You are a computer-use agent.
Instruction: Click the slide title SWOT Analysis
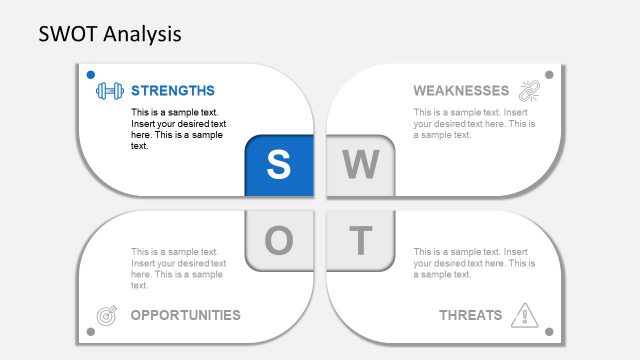click(110, 34)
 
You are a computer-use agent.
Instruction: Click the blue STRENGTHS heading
click(172, 90)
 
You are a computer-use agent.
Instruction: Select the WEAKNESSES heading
click(461, 90)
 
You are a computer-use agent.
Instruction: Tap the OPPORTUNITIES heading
click(186, 315)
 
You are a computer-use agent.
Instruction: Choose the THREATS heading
click(470, 315)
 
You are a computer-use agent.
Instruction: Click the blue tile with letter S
click(279, 165)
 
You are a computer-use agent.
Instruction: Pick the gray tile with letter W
click(360, 165)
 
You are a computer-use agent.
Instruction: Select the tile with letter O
click(279, 240)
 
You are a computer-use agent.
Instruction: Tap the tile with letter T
click(360, 240)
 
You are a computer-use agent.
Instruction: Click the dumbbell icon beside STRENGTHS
click(109, 91)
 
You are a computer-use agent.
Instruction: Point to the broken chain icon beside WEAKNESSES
click(527, 91)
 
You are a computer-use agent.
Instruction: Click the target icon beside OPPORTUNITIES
click(106, 316)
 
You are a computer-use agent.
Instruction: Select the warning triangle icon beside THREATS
click(524, 316)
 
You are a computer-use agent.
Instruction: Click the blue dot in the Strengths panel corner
click(90, 74)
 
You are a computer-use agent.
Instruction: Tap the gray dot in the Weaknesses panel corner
click(548, 74)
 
